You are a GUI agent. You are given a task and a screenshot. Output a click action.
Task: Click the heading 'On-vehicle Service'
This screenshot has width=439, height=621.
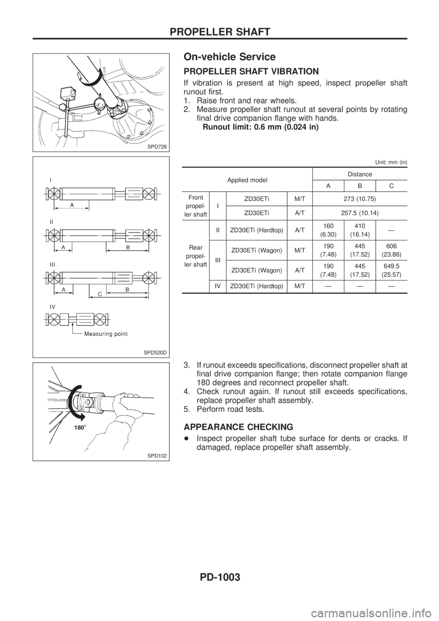229,57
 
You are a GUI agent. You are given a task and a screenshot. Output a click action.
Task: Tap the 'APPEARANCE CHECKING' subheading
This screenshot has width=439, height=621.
239,427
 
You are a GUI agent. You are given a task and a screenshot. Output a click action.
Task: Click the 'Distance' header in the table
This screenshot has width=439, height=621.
359,174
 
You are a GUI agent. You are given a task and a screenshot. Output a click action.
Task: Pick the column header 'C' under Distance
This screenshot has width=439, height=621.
391,185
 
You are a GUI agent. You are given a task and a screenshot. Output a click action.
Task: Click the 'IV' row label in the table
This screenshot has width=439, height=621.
219,286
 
